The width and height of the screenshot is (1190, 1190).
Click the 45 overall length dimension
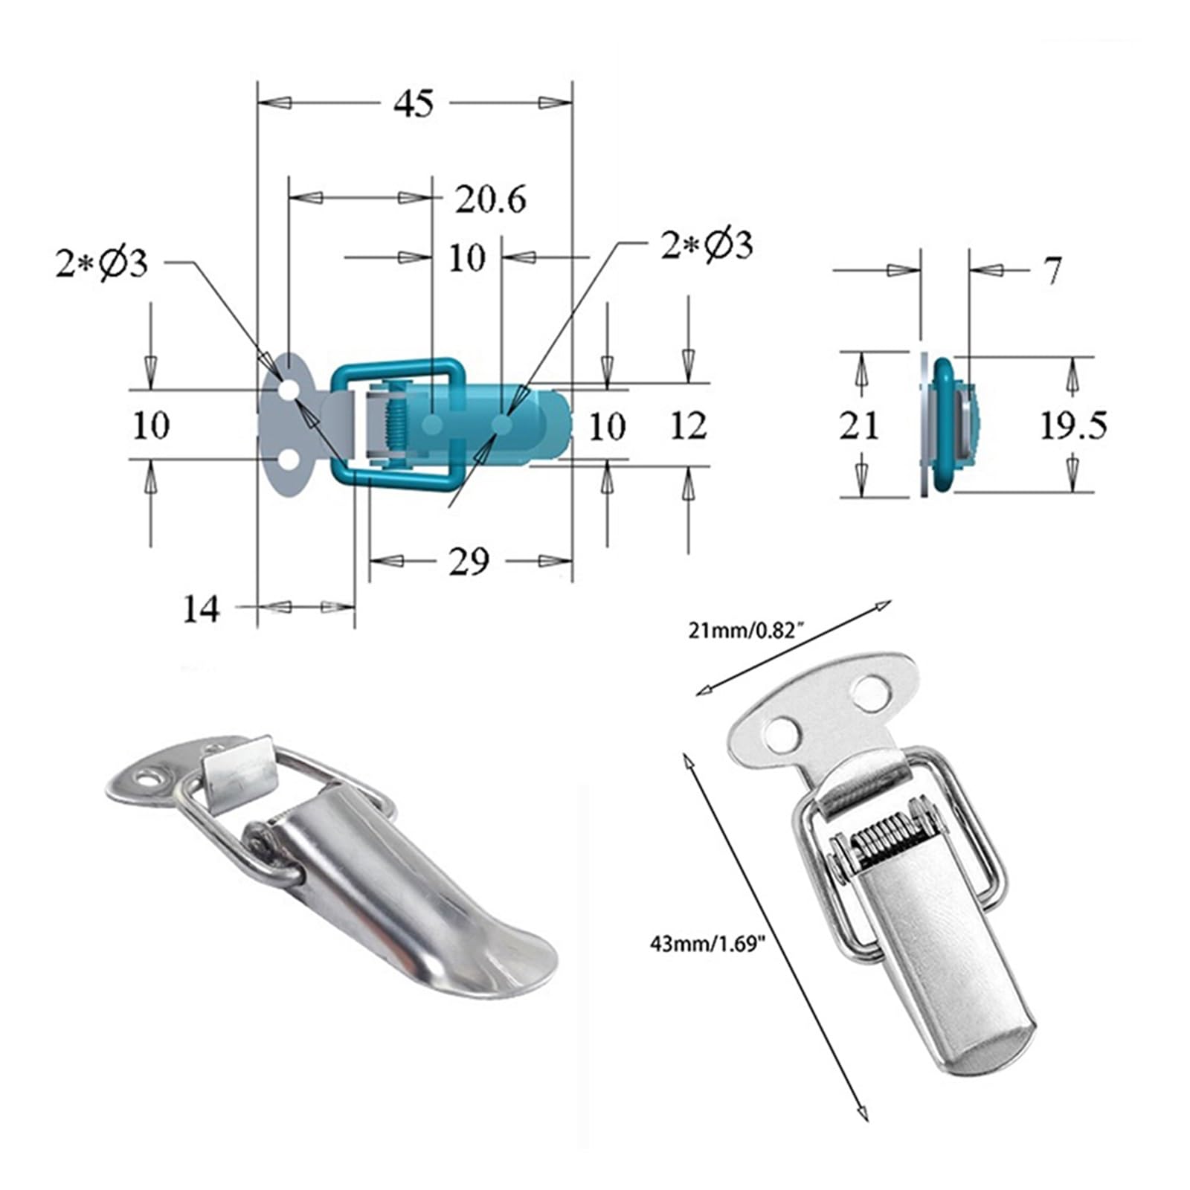pyautogui.click(x=414, y=103)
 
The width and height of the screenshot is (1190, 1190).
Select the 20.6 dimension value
pyautogui.click(x=491, y=199)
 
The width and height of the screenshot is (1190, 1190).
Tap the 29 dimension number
pyautogui.click(x=469, y=562)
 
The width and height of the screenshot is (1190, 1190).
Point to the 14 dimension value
pyautogui.click(x=202, y=609)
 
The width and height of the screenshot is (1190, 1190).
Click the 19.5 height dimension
pyautogui.click(x=1073, y=425)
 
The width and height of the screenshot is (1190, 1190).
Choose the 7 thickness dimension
pyautogui.click(x=1052, y=271)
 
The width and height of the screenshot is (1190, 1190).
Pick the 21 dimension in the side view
pyautogui.click(x=859, y=426)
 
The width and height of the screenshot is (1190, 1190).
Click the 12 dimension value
pyautogui.click(x=688, y=426)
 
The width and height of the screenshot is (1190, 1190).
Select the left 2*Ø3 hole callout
pyautogui.click(x=102, y=264)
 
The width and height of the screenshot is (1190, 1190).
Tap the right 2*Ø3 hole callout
pyautogui.click(x=707, y=245)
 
